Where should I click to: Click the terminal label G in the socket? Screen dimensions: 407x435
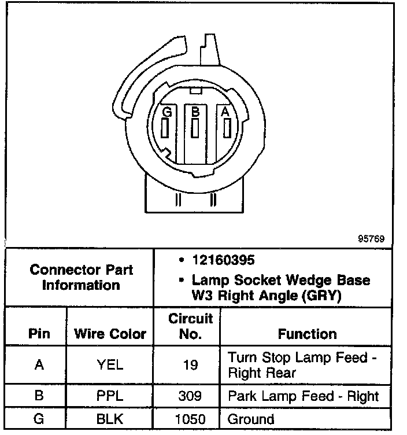(167, 112)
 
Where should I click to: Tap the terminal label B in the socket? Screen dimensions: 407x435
(195, 112)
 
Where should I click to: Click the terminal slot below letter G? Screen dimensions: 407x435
(166, 128)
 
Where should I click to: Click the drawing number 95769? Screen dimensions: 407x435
(371, 238)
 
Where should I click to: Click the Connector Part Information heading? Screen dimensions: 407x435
(81, 277)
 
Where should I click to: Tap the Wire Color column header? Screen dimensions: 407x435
(110, 334)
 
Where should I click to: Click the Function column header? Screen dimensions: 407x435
(307, 334)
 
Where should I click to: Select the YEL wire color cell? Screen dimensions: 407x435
(110, 364)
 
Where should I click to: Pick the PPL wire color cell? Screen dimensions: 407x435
(110, 396)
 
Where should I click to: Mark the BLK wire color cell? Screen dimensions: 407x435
(110, 418)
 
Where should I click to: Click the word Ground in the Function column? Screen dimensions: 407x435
(251, 418)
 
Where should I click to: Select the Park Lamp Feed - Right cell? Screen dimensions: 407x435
(303, 396)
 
